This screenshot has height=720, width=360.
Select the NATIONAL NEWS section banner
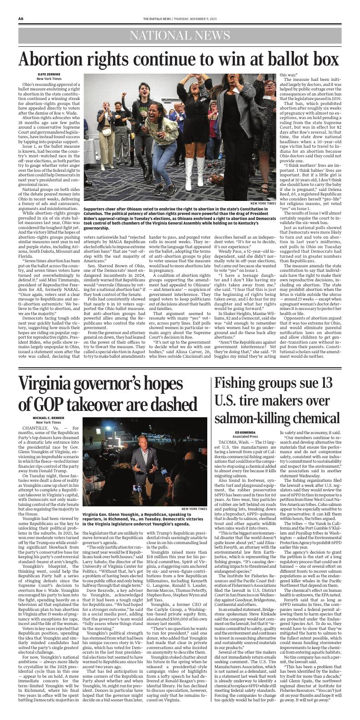pos(180,36)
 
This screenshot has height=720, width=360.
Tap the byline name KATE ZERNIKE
pos(49,74)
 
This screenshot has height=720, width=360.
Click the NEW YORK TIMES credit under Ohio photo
pos(263,203)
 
